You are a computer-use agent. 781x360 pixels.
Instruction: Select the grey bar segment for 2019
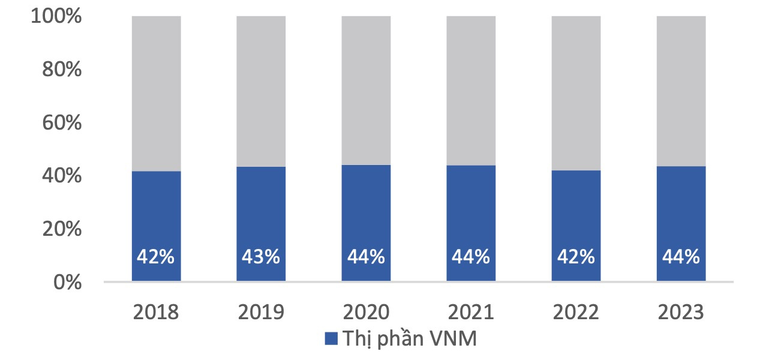(261, 90)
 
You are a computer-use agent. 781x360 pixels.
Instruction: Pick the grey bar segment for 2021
(471, 90)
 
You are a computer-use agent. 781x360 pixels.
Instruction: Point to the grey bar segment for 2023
(681, 90)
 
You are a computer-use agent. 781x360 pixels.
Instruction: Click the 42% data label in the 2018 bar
(156, 257)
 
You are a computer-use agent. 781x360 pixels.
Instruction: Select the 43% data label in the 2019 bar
(261, 257)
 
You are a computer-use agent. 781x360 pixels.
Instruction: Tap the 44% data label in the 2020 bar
(366, 257)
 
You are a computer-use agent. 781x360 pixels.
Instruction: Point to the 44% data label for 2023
(681, 257)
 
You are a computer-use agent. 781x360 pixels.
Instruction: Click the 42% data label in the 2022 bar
(576, 257)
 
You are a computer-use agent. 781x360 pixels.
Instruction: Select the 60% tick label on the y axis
(61, 123)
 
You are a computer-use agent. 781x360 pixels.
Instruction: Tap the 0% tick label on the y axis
(67, 282)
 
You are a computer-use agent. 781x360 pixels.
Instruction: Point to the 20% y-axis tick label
(61, 229)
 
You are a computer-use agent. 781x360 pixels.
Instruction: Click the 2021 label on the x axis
(471, 313)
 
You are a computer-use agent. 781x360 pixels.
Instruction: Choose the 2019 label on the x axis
(261, 313)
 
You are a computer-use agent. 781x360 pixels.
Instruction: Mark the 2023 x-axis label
(681, 313)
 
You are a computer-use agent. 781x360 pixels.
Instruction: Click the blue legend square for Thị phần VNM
(331, 338)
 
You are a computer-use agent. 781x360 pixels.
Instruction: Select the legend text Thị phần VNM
(410, 339)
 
